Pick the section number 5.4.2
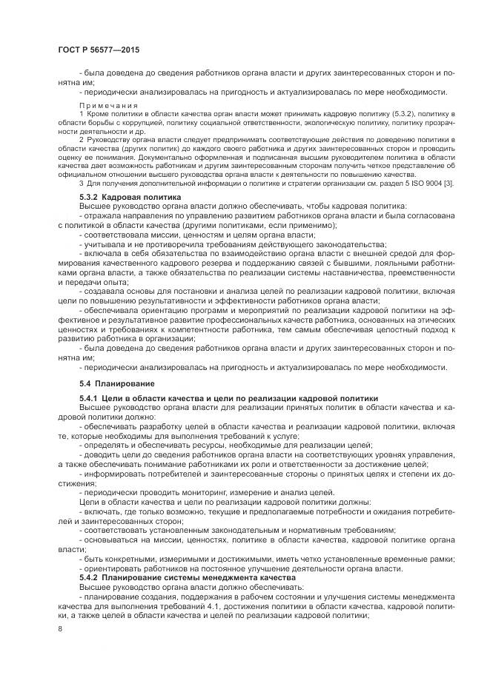pos(90,576)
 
